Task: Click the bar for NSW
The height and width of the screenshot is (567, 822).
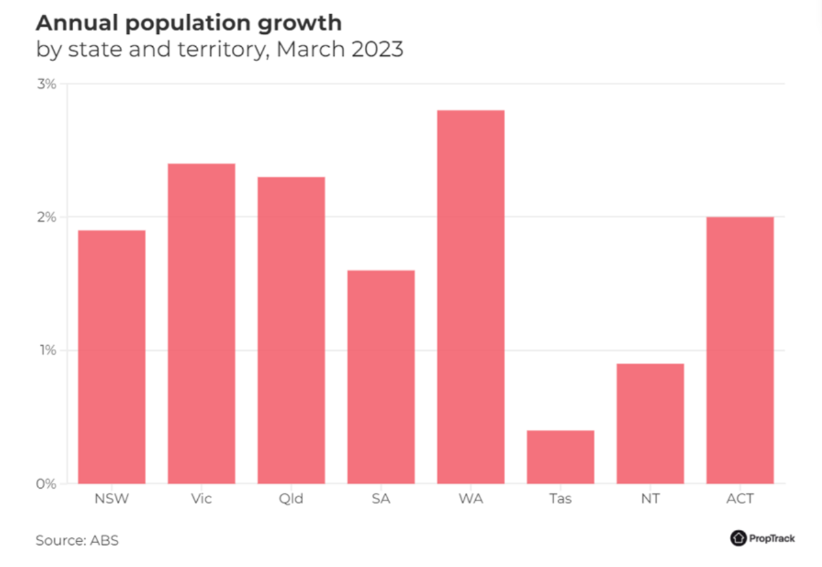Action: point(111,357)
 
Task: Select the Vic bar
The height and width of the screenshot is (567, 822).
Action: point(201,323)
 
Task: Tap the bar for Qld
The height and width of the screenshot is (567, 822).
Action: point(291,330)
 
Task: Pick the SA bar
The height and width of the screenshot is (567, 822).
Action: point(381,377)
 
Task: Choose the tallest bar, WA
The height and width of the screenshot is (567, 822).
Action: point(471,296)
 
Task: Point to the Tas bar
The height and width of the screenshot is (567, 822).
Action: point(560,457)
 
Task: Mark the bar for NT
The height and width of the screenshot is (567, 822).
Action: point(650,423)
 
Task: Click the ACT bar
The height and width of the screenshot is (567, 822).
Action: point(740,350)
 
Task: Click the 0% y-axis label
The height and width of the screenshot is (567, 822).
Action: point(47,484)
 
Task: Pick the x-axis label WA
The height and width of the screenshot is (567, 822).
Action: point(471,499)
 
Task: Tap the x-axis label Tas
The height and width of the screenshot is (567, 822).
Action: point(560,499)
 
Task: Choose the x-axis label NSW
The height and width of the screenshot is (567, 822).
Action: point(111,499)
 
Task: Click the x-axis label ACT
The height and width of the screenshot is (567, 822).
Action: point(740,499)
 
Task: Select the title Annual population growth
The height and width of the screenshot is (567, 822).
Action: point(189,23)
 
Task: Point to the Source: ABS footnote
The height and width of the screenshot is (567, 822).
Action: point(77,540)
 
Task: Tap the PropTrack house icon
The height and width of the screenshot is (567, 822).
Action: point(738,538)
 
